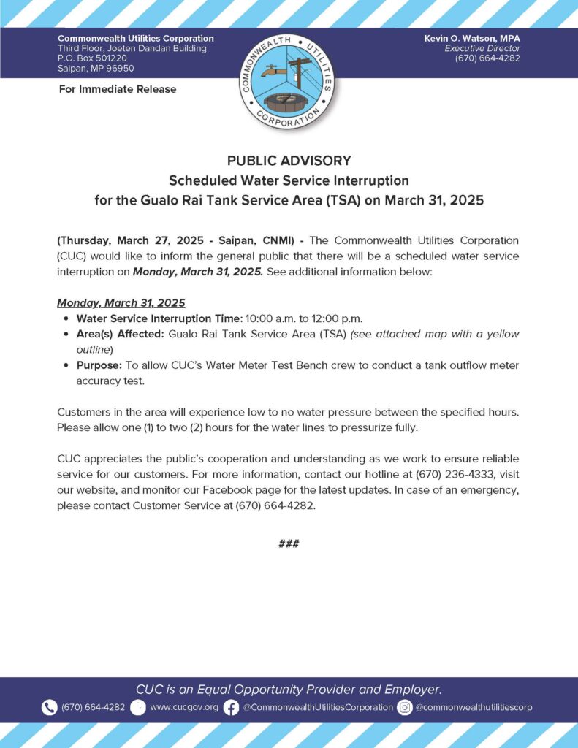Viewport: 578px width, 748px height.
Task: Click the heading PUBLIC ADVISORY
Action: click(x=289, y=161)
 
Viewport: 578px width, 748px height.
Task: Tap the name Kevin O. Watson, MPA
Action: click(x=472, y=38)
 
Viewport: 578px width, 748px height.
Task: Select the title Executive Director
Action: click(x=482, y=48)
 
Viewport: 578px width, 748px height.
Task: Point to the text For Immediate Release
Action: click(x=117, y=89)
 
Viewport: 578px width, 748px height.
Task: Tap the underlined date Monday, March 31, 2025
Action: click(x=121, y=302)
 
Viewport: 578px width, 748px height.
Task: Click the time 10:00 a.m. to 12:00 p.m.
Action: click(x=305, y=318)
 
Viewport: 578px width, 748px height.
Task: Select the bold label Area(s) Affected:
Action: click(x=121, y=334)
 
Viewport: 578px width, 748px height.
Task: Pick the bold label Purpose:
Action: click(x=99, y=365)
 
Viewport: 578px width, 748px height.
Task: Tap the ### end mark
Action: click(x=289, y=543)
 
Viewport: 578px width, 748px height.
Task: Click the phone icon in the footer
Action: click(x=50, y=707)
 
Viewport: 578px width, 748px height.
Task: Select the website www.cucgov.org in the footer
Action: click(x=183, y=707)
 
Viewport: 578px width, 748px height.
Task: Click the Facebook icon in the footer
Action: click(x=231, y=707)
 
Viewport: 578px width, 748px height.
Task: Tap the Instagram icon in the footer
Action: click(x=405, y=707)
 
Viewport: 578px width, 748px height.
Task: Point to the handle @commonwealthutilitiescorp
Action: click(x=474, y=707)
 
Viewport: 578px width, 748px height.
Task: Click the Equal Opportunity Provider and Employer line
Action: click(x=289, y=690)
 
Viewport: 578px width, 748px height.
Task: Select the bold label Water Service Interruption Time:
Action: click(x=159, y=318)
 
